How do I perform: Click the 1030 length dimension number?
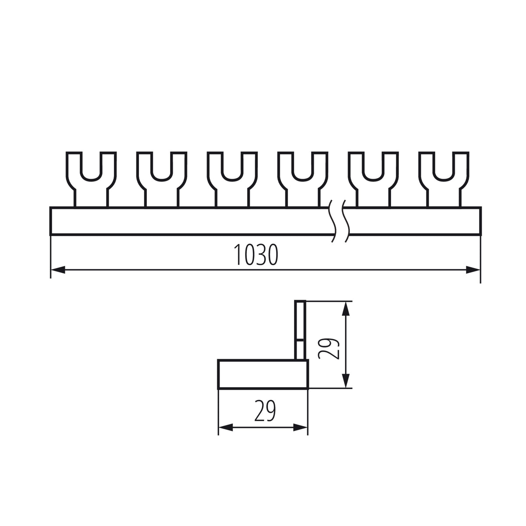pos(256,254)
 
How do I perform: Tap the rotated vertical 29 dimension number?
pos(328,349)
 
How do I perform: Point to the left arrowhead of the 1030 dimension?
pos(58,270)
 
